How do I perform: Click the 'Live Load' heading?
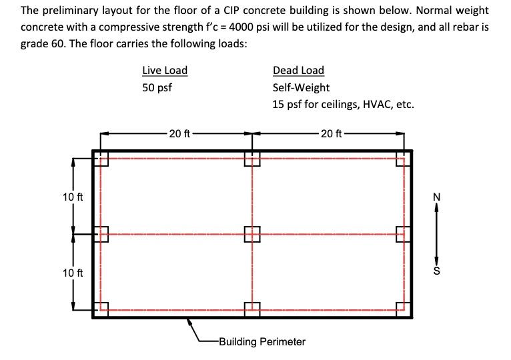pos(165,71)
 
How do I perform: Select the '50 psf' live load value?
pos(157,87)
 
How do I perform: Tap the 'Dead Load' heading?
pos(298,71)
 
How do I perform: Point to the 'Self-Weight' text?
pos(301,87)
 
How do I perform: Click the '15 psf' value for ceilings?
pos(288,104)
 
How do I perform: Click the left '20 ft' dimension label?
pos(179,133)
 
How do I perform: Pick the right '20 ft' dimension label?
pos(331,133)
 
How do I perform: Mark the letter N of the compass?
pos(437,197)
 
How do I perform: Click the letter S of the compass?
pos(437,272)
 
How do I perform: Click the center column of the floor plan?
pos(252,234)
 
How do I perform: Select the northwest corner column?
pos(100,159)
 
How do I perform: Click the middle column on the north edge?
pos(252,159)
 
